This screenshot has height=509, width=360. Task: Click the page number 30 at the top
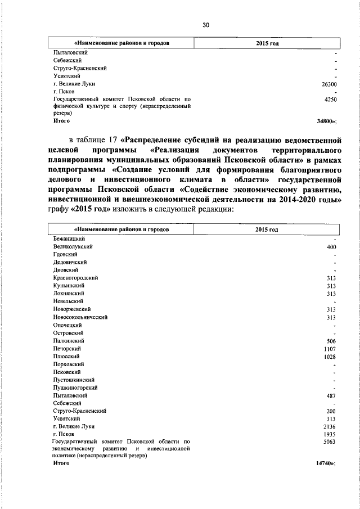[x=205, y=24]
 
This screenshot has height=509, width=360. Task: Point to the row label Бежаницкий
[x=69, y=238]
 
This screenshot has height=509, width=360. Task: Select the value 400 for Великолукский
[x=331, y=246]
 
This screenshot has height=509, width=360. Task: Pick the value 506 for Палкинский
[x=331, y=341]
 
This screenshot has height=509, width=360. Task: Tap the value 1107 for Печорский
[x=330, y=349]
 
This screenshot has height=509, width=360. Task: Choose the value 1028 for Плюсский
[x=330, y=357]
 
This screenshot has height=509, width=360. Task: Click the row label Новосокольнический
[x=80, y=317]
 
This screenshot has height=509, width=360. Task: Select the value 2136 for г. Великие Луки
[x=330, y=427]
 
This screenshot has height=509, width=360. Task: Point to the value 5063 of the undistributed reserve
[x=330, y=443]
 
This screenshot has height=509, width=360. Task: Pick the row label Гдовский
[x=65, y=254]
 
